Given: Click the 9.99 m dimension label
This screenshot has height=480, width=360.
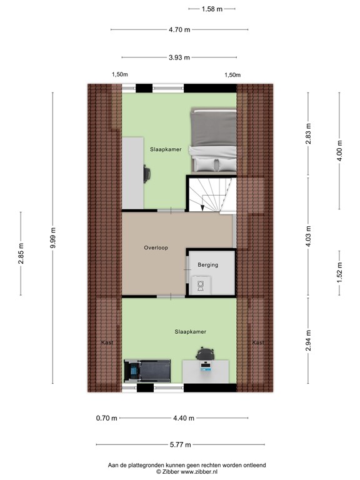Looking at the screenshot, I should coord(54,238).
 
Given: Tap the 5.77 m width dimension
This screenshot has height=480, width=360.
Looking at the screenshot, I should coord(179,444).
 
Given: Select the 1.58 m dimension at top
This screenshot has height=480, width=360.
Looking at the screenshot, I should coord(212,9).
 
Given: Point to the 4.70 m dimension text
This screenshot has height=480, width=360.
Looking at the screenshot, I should coord(179,29).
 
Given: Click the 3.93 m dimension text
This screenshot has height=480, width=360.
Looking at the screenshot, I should coord(179,57).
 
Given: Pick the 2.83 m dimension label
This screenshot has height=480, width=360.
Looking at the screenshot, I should coord(308,134).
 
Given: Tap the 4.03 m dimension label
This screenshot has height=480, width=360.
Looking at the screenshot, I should coord(308,237).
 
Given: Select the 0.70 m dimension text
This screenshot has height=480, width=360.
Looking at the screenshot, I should coord(106,418).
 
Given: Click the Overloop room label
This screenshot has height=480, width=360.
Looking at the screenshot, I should coord(155,247).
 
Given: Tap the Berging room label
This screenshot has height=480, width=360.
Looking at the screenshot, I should coord(208,265).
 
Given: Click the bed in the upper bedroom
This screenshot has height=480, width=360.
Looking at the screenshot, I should coord(214,140).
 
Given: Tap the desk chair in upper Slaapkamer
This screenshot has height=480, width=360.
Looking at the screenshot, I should coord(147,172).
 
